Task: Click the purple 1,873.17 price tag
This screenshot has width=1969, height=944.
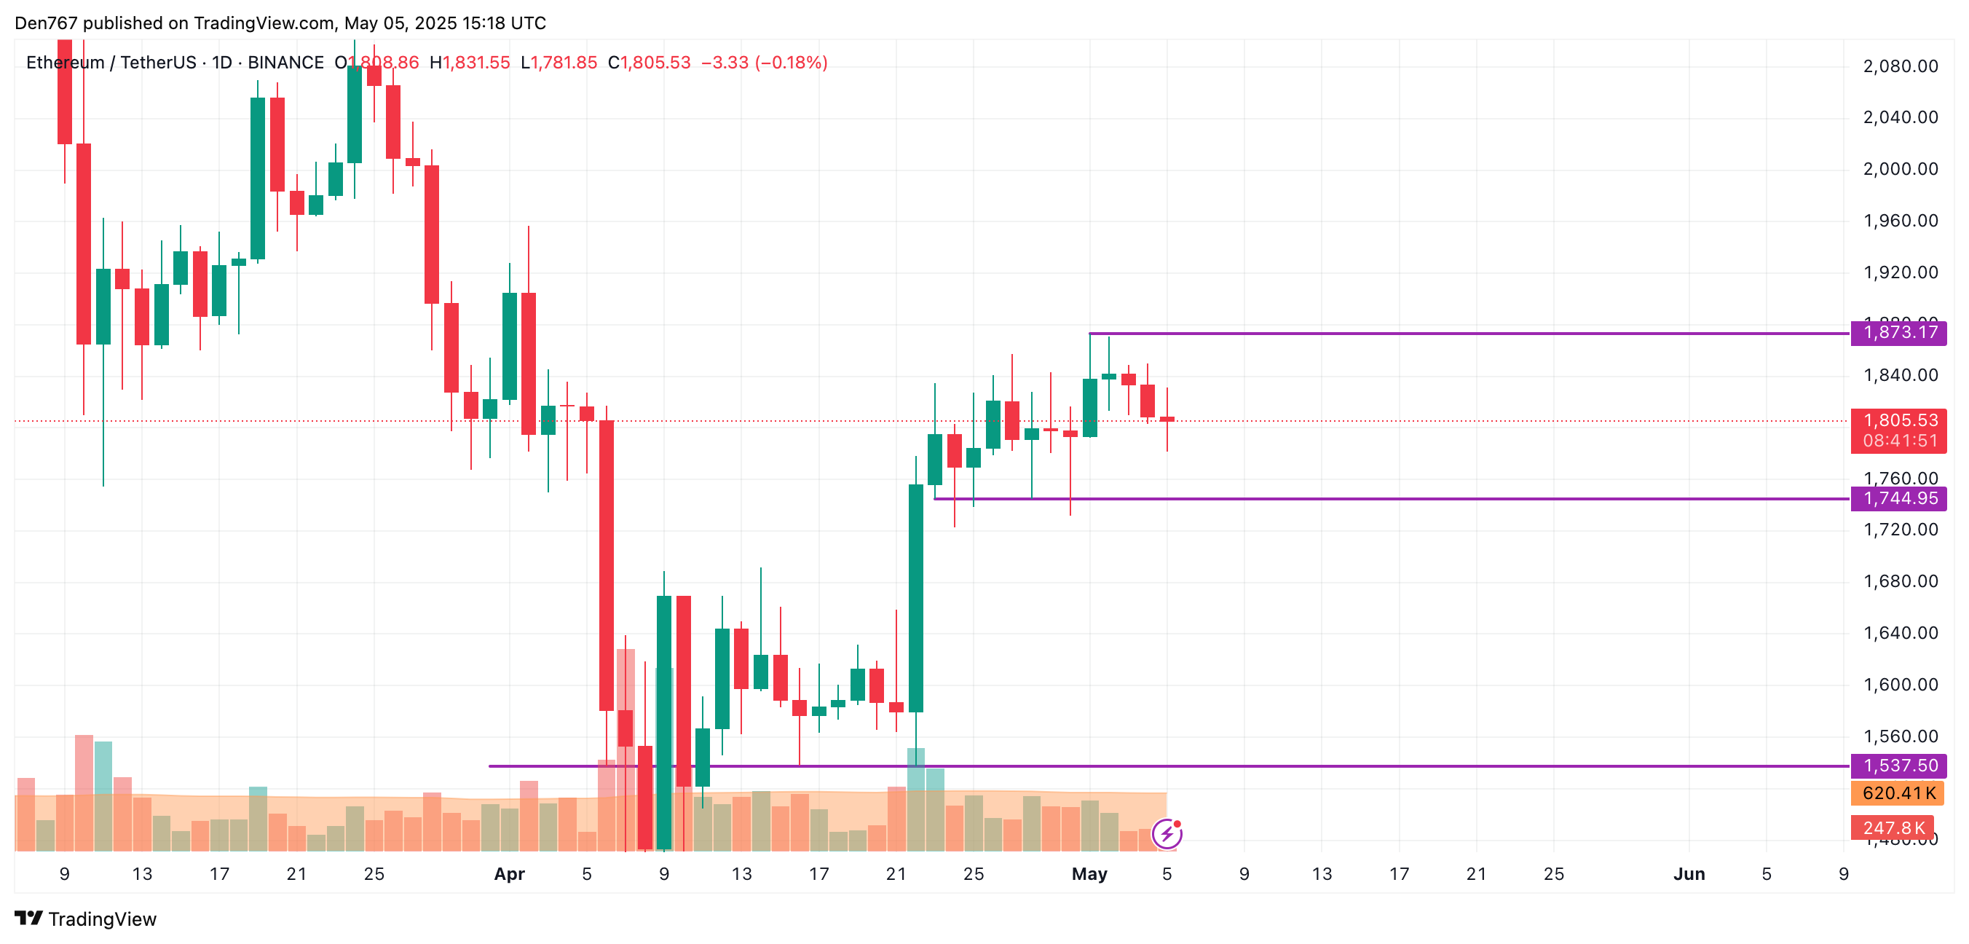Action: click(x=1898, y=332)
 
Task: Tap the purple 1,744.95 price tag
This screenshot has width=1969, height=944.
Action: click(x=1898, y=498)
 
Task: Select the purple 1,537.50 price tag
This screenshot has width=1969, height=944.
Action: click(x=1898, y=765)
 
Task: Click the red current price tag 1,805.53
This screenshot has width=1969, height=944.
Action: click(x=1898, y=420)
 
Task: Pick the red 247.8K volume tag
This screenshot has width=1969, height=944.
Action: click(x=1893, y=827)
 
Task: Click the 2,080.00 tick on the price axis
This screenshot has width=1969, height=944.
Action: click(x=1901, y=66)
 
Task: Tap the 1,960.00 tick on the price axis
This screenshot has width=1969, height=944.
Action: click(x=1901, y=221)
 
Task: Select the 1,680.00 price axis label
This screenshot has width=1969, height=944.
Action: click(x=1901, y=582)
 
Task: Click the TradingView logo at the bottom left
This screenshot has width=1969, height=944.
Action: click(x=86, y=919)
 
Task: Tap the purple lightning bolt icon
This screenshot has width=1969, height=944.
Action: click(x=1167, y=833)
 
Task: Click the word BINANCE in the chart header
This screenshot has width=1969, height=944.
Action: click(x=286, y=63)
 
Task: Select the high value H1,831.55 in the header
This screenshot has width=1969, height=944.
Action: click(x=470, y=63)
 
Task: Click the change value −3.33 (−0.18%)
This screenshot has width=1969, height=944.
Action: click(x=764, y=63)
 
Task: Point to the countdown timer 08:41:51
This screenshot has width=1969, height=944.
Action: click(x=1898, y=441)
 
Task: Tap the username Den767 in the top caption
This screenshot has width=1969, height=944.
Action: click(x=46, y=23)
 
